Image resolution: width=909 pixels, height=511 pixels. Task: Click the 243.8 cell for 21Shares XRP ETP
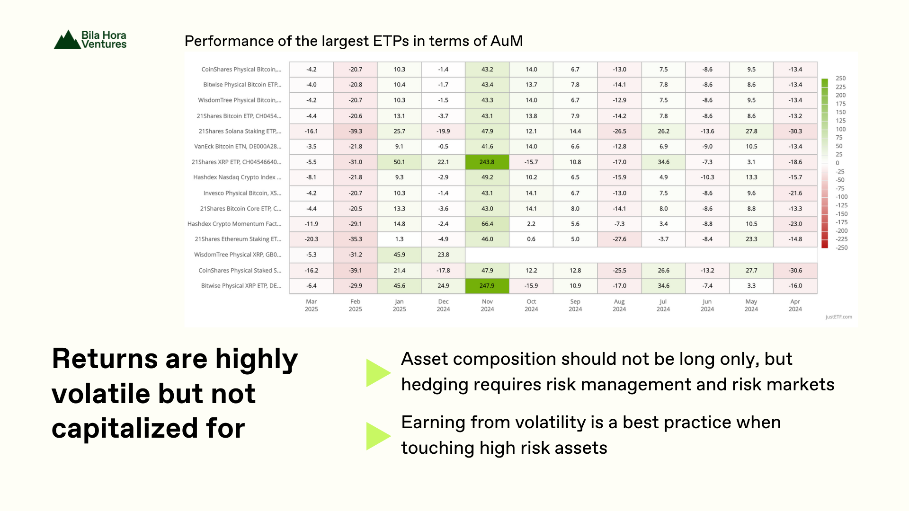(x=487, y=162)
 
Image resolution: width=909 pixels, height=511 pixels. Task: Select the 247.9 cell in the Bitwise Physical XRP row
(x=487, y=286)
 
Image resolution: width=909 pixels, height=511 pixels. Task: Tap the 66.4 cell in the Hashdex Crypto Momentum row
(x=487, y=224)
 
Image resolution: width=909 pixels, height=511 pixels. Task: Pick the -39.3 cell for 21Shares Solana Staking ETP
(x=355, y=131)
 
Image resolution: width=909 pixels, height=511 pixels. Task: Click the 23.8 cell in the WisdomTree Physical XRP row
(x=443, y=255)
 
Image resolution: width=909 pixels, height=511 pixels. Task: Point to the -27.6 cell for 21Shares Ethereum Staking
(x=619, y=239)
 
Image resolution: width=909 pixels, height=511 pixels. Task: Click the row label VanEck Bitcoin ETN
(x=238, y=147)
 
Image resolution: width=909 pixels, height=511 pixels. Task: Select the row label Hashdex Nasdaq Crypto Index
(x=237, y=177)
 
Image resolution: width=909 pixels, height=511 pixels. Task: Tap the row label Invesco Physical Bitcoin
(x=242, y=193)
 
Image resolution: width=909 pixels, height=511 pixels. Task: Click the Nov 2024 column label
(x=487, y=305)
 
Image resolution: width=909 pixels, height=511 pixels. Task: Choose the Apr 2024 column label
(x=795, y=305)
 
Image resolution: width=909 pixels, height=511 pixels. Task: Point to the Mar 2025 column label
(x=311, y=305)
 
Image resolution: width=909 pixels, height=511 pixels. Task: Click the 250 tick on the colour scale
(x=840, y=79)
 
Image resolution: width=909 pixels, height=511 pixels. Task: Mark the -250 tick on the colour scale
(x=841, y=248)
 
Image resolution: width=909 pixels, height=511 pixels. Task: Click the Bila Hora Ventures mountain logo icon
(x=67, y=39)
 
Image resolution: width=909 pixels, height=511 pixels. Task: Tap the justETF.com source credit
(x=838, y=317)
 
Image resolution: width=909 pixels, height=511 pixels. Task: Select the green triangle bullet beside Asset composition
(x=378, y=373)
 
